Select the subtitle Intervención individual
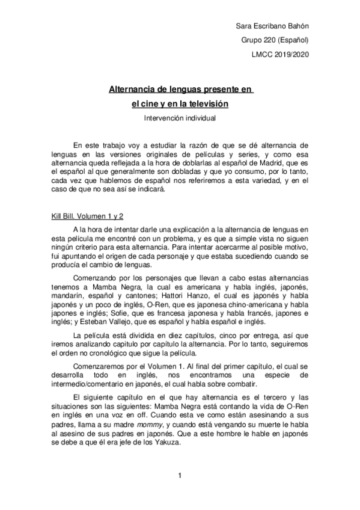[180, 118]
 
